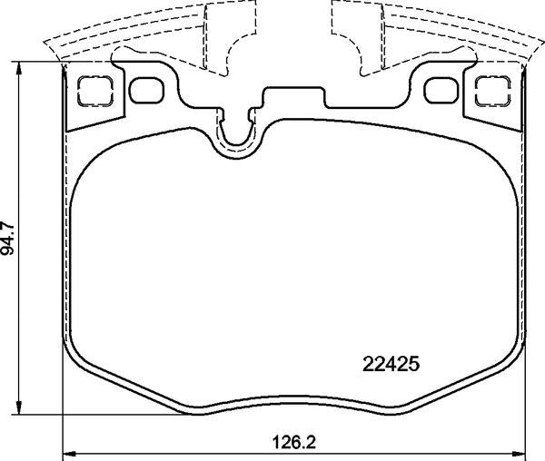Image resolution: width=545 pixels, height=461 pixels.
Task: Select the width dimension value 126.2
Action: (296, 445)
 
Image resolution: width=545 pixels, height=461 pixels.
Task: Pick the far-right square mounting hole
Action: (491, 89)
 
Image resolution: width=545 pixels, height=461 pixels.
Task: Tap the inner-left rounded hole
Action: (146, 89)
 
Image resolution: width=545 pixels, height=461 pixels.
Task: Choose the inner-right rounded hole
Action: (440, 89)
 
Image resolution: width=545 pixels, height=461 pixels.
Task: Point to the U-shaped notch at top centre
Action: (238, 132)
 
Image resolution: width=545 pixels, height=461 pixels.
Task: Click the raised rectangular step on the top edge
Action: (293, 93)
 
